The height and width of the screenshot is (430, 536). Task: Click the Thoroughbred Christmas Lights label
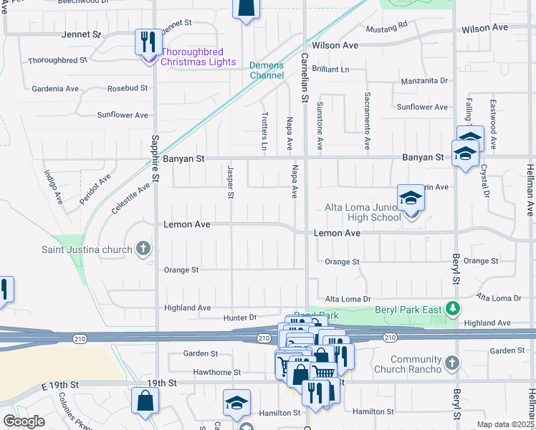(198, 57)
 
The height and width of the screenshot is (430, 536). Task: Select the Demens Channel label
(267, 70)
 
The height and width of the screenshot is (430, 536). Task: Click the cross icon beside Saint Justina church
(143, 249)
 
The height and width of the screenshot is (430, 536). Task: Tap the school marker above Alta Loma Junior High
(411, 199)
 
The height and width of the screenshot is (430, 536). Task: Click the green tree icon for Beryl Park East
(452, 309)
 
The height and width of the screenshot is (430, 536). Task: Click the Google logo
(24, 421)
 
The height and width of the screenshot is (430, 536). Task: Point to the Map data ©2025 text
(505, 425)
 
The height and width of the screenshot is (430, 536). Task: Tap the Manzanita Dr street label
(423, 82)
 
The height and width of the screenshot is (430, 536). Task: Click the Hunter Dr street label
(239, 317)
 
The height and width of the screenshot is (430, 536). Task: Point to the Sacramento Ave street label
(366, 120)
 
